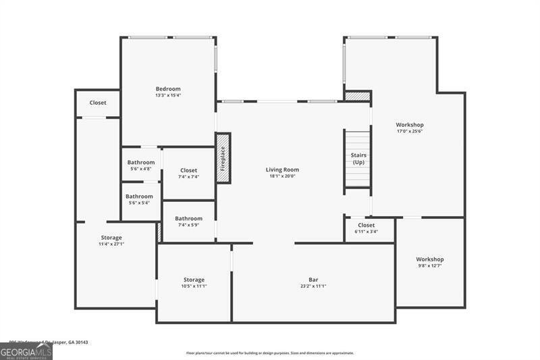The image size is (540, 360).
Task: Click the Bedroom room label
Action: (168, 89)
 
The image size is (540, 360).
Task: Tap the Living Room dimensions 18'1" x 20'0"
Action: (281, 176)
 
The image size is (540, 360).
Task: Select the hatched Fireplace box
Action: (223, 157)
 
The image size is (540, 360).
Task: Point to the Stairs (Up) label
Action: (358, 159)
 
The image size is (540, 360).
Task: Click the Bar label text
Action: (313, 280)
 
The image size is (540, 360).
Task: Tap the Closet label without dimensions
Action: (98, 103)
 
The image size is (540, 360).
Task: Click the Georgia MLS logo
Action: (26, 351)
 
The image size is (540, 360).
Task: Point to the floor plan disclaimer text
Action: (270, 353)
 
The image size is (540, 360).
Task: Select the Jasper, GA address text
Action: (49, 342)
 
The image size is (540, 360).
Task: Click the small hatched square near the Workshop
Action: (358, 97)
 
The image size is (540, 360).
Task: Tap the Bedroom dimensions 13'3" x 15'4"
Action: (168, 95)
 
